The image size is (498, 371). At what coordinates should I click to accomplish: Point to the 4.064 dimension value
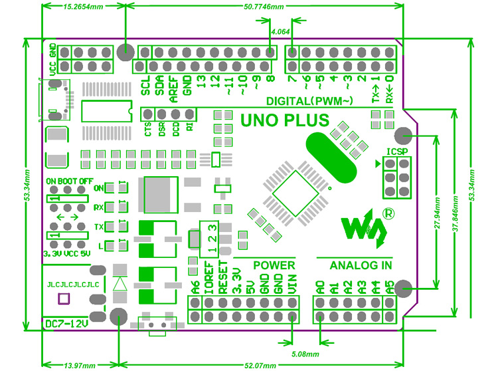coord(280,32)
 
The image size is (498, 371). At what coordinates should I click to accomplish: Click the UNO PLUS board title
coord(284,121)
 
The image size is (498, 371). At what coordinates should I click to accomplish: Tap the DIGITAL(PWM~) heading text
coord(309,102)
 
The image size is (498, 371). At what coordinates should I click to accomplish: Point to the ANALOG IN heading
coord(360,265)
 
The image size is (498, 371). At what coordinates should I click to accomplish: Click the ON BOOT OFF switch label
coord(69,181)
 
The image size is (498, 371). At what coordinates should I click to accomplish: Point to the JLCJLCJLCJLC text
coord(73,285)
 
